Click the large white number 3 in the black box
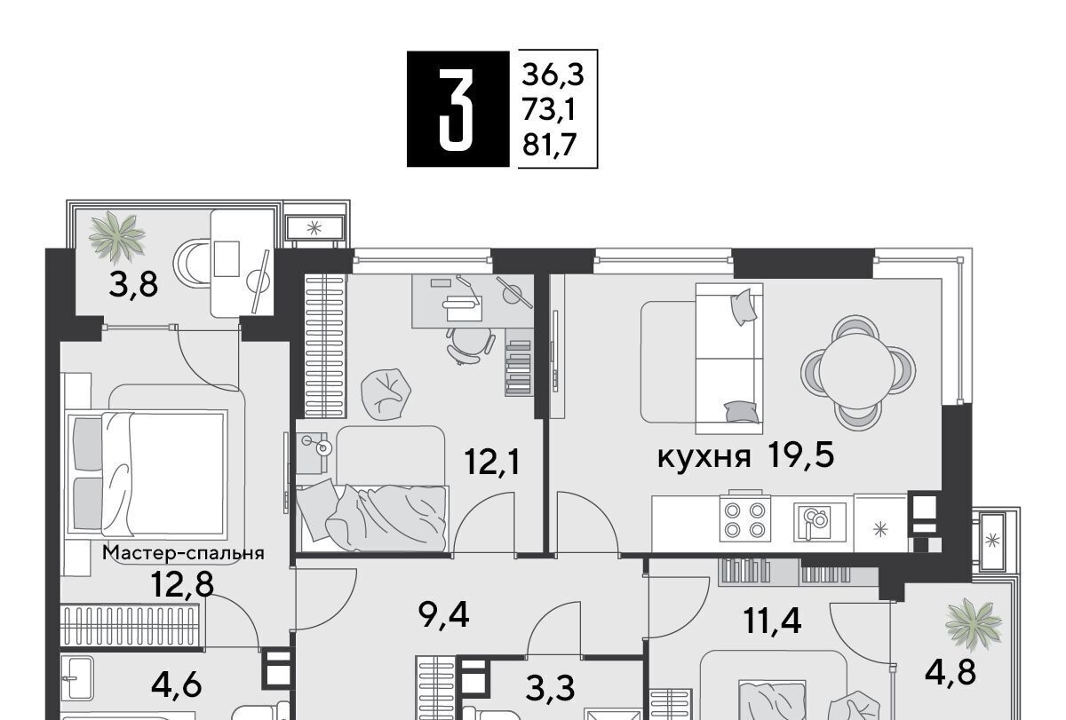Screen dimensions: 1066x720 coord(456,109)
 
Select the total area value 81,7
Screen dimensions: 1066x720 coord(550,145)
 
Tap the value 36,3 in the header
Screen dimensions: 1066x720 coord(553,75)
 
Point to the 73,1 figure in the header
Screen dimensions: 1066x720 coord(549,110)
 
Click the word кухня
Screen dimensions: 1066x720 coord(704,457)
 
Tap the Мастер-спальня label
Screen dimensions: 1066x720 coord(184,552)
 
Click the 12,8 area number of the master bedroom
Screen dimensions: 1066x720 coord(182,583)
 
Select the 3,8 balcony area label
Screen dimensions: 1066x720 coord(133,285)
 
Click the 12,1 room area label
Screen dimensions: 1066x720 coord(492,462)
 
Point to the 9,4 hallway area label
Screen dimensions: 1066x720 coord(443,615)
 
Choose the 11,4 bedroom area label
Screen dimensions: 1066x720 coord(772,621)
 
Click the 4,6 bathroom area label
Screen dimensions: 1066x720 coord(177,685)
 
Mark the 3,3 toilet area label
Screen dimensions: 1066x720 coord(551,688)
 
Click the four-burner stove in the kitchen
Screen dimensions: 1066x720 coord(744,518)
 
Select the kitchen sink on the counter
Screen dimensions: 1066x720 coord(819,521)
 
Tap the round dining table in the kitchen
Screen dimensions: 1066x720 coord(856,372)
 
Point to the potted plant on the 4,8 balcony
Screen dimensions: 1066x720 coord(974,625)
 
